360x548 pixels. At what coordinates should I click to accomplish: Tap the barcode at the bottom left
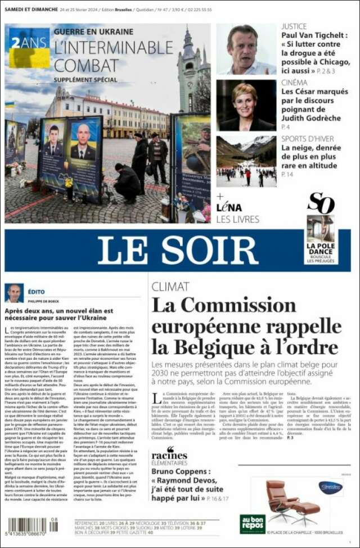[x=30, y=529]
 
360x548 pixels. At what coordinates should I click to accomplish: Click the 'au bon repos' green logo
[x=253, y=523]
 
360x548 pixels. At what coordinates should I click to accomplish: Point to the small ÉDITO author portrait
[x=14, y=293]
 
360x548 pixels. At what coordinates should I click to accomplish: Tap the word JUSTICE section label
[x=294, y=26]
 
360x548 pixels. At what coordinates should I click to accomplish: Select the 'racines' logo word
[x=169, y=454]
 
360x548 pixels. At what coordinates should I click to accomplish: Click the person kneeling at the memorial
[x=127, y=184]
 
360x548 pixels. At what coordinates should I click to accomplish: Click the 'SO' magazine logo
[x=321, y=203]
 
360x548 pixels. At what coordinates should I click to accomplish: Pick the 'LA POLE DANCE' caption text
[x=321, y=249]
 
